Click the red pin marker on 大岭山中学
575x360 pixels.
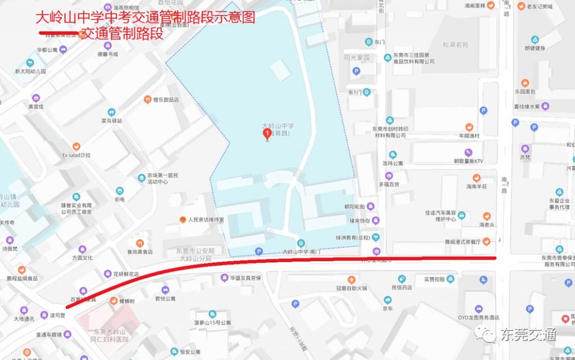click(267, 134)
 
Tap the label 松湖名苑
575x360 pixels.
click(455, 44)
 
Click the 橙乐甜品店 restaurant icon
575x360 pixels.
click(147, 99)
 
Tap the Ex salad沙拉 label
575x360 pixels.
click(76, 154)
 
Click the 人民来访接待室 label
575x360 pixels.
click(206, 219)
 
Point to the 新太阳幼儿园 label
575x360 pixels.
click(31, 71)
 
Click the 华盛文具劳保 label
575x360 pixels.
click(245, 277)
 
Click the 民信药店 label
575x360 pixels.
click(401, 287)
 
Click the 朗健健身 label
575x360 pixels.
click(535, 48)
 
